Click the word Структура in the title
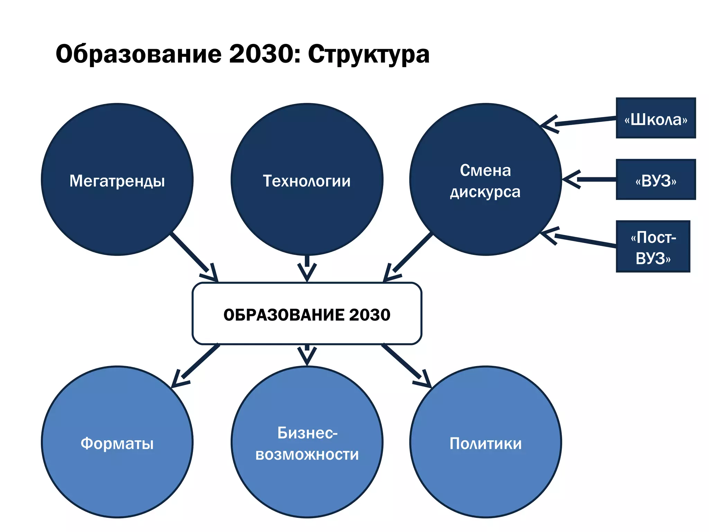[x=368, y=55]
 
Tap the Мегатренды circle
[x=117, y=179]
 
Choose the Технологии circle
[x=307, y=179]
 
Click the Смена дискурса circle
[x=485, y=179]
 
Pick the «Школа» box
[x=656, y=118]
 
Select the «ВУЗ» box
[x=656, y=179]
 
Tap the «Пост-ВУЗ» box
[x=653, y=246]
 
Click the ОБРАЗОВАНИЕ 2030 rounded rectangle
[x=307, y=314]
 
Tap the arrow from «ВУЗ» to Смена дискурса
[x=592, y=179]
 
